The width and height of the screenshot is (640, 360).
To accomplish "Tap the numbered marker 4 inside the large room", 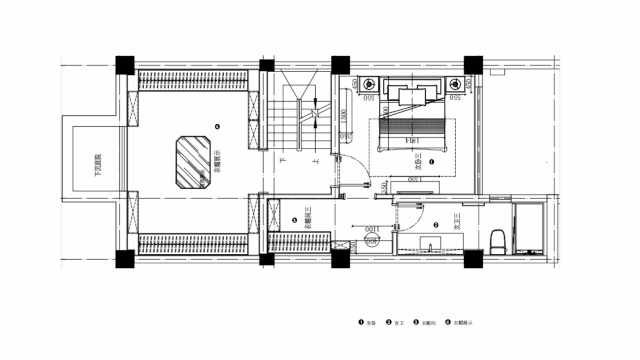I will [x=217, y=126].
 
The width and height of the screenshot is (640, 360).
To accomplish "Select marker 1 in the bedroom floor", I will [x=431, y=161].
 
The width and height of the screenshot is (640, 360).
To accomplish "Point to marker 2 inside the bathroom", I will [x=436, y=226].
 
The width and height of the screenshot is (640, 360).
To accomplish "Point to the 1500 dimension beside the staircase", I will [x=343, y=117].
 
